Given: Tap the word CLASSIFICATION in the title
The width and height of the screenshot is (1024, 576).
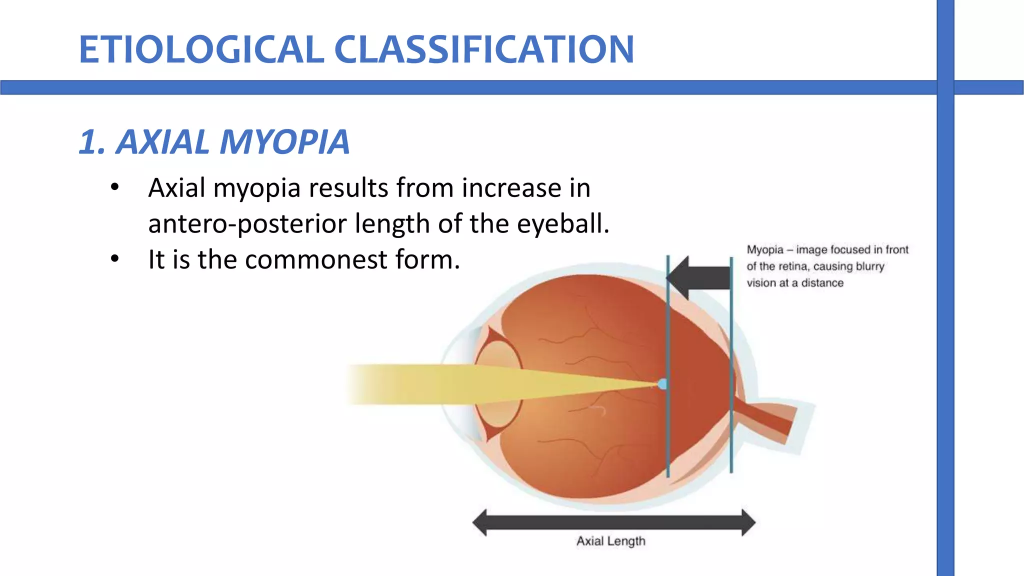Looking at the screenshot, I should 484,49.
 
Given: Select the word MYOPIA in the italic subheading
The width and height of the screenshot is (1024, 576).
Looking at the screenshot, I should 284,142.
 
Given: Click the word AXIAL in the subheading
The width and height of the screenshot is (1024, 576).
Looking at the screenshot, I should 162,142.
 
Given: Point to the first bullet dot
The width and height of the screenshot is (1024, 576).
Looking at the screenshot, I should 115,187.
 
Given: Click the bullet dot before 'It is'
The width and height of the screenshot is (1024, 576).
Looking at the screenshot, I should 115,259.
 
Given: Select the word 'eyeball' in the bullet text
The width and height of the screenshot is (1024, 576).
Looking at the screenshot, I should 562,223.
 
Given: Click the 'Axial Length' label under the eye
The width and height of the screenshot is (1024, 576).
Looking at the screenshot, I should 610,541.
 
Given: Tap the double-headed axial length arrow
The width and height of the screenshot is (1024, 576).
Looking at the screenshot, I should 613,522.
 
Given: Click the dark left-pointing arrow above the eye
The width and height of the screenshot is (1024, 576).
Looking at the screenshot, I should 700,278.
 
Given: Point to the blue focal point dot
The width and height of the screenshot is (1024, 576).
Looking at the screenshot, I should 662,384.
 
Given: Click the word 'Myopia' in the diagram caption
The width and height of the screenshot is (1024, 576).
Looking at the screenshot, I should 764,249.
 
